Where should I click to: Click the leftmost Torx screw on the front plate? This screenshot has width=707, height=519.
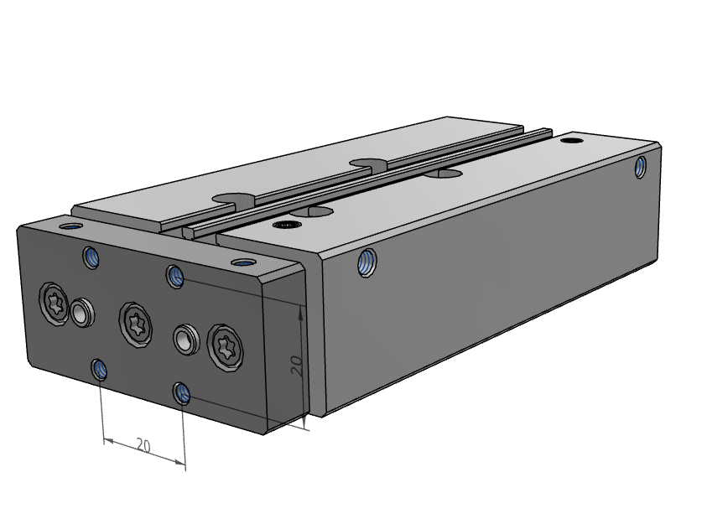pyautogui.click(x=55, y=303)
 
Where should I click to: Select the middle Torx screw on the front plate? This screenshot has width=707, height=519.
pyautogui.click(x=135, y=324)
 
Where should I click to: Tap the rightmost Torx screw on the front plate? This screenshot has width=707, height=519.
pyautogui.click(x=225, y=347)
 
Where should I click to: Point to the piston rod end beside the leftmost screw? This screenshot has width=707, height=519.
pyautogui.click(x=81, y=312)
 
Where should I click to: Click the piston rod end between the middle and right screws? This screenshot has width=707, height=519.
pyautogui.click(x=186, y=338)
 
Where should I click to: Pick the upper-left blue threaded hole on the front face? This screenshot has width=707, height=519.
pyautogui.click(x=91, y=258)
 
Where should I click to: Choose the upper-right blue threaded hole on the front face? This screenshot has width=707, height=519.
pyautogui.click(x=175, y=276)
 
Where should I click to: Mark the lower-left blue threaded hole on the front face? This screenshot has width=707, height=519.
pyautogui.click(x=100, y=370)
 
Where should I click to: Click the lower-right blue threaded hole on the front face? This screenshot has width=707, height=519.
pyautogui.click(x=182, y=393)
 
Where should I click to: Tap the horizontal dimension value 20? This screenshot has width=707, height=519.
pyautogui.click(x=143, y=446)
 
